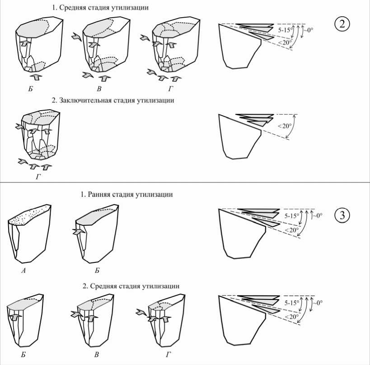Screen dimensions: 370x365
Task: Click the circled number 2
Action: coord(342,24)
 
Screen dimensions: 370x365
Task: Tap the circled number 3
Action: coord(342,215)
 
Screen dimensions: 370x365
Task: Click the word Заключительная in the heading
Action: coord(85,100)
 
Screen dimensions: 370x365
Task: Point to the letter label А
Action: coord(23,271)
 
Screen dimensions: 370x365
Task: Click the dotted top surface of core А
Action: coord(29,215)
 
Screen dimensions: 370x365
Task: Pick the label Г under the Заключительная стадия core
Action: coord(38,177)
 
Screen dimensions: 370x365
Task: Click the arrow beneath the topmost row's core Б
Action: coord(36,77)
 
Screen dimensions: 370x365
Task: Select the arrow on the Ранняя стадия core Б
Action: coord(79,232)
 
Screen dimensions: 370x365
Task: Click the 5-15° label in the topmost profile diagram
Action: coord(284,30)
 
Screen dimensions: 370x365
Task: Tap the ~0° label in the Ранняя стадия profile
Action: coord(317,215)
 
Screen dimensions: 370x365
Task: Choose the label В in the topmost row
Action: coord(99,89)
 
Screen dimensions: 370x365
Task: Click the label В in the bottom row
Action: coord(96,355)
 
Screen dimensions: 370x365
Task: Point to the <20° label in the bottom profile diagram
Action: coord(291,316)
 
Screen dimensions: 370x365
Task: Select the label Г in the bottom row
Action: coord(168,355)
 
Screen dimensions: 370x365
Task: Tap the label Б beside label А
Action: coord(97,271)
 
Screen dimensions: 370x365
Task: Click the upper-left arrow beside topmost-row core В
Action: coord(77,37)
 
